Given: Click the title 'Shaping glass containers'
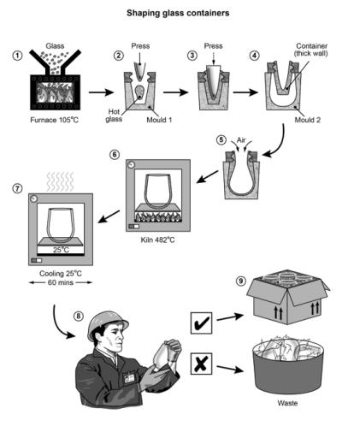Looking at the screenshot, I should [180, 13].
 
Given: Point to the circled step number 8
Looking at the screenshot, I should [79, 314].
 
